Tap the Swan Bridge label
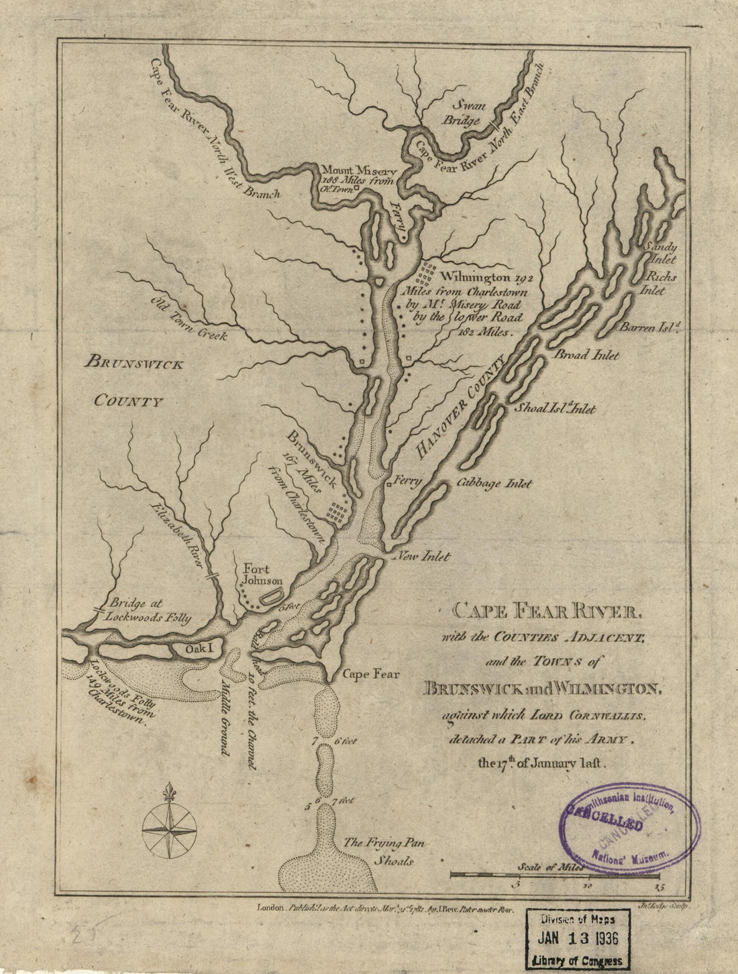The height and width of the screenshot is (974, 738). pos(466,113)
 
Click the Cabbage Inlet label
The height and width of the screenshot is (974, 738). pos(494,483)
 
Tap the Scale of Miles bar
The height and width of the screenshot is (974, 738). pos(555,875)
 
